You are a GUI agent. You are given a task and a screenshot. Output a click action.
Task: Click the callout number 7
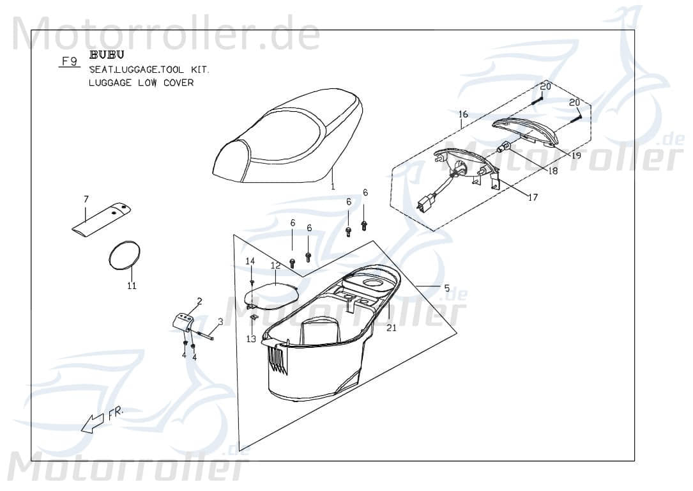[86, 199]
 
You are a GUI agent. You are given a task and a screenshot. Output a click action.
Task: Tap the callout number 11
[132, 286]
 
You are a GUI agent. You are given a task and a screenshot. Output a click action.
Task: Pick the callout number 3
[220, 321]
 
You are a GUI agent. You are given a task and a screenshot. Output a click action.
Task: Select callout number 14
[250, 261]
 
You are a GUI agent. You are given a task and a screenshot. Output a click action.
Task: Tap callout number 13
[250, 339]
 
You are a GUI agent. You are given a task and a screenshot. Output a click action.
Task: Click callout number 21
[392, 328]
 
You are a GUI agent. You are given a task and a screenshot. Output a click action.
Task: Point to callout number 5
[446, 286]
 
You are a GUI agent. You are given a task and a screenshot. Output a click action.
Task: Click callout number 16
[463, 114]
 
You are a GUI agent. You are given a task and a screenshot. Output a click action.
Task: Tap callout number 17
[532, 198]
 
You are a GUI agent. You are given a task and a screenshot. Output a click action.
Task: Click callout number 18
[553, 171]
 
